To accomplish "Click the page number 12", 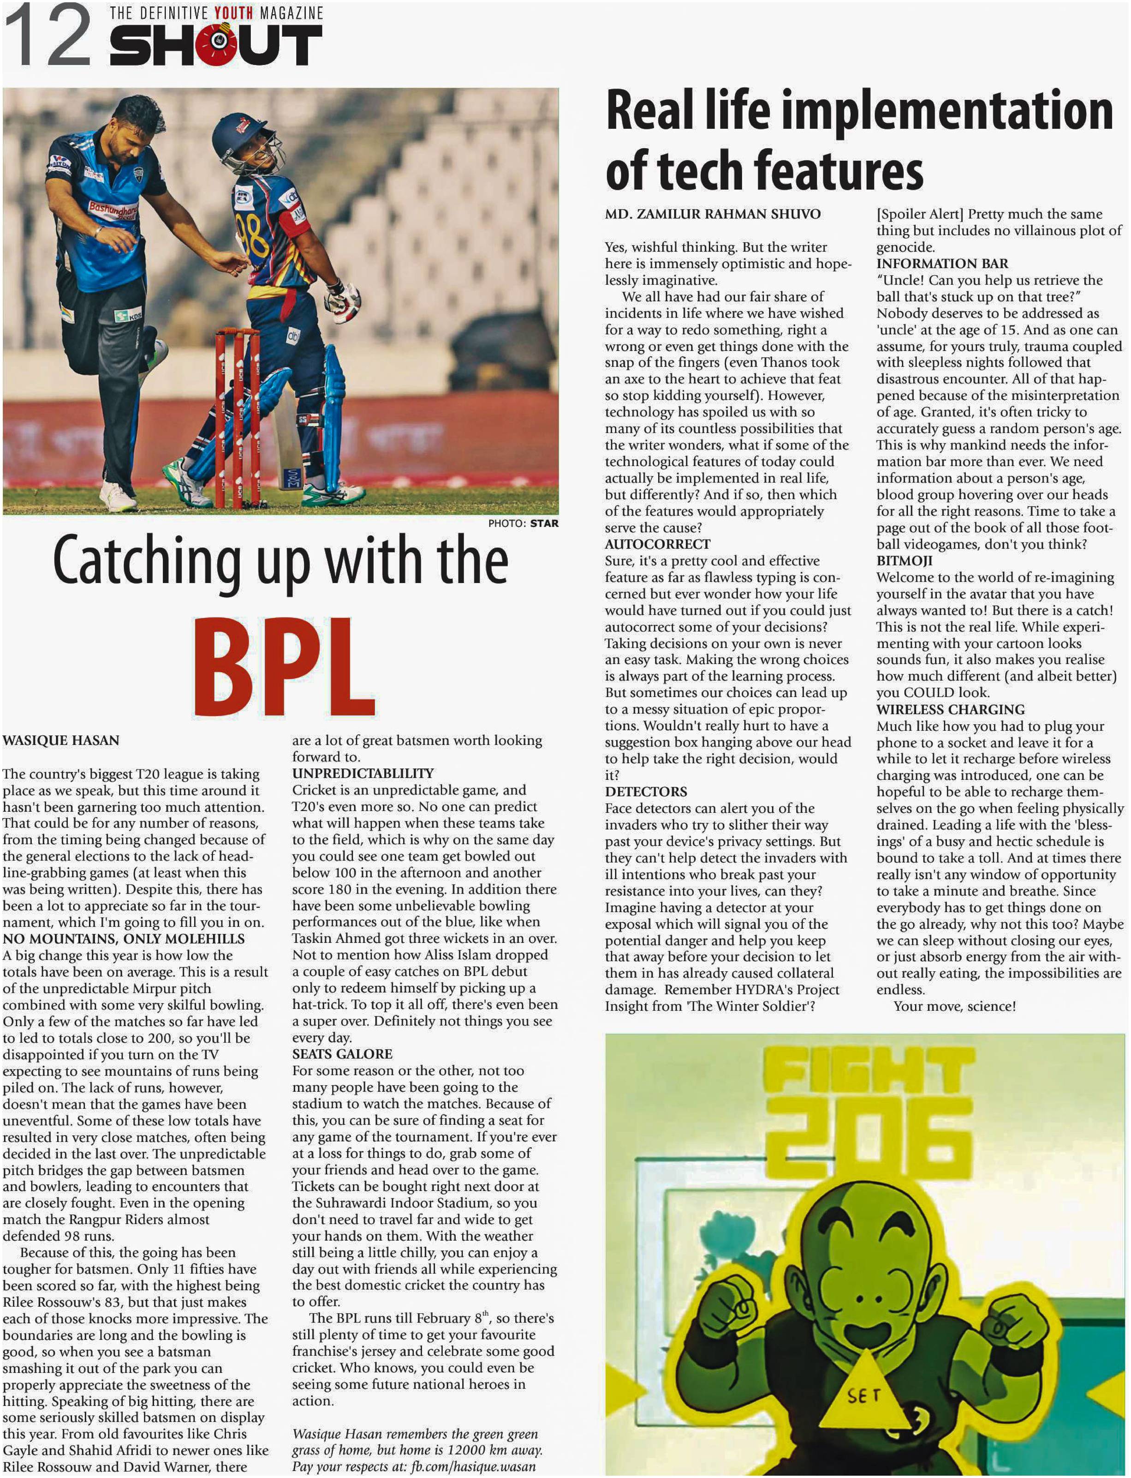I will tap(48, 35).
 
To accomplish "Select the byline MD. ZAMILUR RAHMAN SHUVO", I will tap(712, 214).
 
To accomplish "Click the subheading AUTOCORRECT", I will tap(657, 544).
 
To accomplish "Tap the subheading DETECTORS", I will tap(646, 792).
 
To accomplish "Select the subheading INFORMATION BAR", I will tap(942, 264).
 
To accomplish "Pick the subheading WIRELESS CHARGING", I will tap(950, 709).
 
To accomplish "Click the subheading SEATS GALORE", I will tap(342, 1054).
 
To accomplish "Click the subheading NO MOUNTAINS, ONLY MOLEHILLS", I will tap(124, 938).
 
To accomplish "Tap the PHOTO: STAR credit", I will tap(523, 523).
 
